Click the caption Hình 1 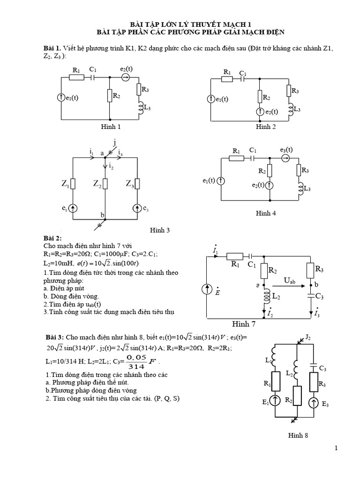coord(111,127)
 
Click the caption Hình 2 coord(266,127)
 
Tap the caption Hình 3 coord(159,230)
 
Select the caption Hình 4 coord(266,213)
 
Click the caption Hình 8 coord(298,435)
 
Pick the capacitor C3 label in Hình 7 coord(319,296)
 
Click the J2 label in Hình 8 coord(307,337)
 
